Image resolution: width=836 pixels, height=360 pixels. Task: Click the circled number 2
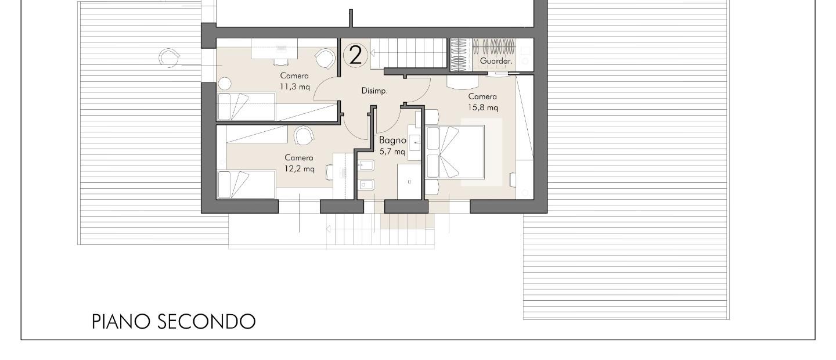pyautogui.click(x=355, y=55)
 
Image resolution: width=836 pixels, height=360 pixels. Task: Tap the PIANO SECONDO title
pyautogui.click(x=174, y=322)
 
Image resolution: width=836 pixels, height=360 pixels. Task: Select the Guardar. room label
pyautogui.click(x=496, y=61)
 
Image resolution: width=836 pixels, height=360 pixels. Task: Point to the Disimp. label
pyautogui.click(x=374, y=91)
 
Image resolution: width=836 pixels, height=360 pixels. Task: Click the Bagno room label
pyautogui.click(x=392, y=141)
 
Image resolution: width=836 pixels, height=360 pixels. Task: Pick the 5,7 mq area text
pyautogui.click(x=392, y=152)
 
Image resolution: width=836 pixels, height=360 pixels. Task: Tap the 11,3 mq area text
pyautogui.click(x=295, y=87)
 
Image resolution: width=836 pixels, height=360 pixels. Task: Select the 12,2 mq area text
pyautogui.click(x=300, y=169)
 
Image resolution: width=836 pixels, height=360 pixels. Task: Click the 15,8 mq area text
pyautogui.click(x=483, y=107)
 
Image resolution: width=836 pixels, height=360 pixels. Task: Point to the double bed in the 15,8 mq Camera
pyautogui.click(x=455, y=152)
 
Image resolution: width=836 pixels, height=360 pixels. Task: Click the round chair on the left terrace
pyautogui.click(x=169, y=58)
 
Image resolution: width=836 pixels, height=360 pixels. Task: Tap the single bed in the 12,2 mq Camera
pyautogui.click(x=246, y=185)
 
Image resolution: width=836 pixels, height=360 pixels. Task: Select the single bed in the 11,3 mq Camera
pyautogui.click(x=246, y=107)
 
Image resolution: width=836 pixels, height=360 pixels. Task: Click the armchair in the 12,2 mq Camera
pyautogui.click(x=304, y=136)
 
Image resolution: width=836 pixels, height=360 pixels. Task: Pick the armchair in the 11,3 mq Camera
pyautogui.click(x=325, y=59)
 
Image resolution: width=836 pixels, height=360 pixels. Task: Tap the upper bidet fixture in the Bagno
pyautogui.click(x=366, y=165)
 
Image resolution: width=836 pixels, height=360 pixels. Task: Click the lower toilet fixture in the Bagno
pyautogui.click(x=366, y=185)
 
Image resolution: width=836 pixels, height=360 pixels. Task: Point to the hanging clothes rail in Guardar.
pyautogui.click(x=493, y=47)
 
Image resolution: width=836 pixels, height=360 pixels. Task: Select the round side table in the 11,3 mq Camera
pyautogui.click(x=224, y=84)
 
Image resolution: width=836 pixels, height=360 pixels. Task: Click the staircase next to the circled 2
pyautogui.click(x=408, y=53)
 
